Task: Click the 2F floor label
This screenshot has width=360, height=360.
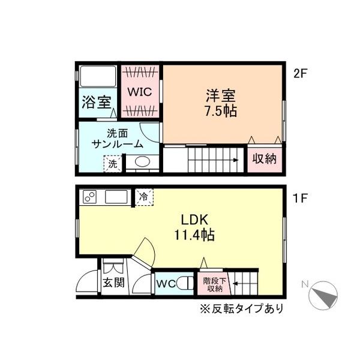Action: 300,73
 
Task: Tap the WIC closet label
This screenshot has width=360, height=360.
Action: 140,92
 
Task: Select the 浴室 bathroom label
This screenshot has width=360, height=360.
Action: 97,102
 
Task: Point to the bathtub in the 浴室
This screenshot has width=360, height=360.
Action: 98,76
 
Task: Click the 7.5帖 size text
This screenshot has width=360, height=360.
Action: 221,112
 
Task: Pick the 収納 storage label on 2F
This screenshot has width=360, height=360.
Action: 264,158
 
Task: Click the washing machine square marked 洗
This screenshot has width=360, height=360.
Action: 112,164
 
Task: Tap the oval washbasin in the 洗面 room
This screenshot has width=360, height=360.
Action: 142,162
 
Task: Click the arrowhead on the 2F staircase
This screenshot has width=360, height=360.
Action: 236,160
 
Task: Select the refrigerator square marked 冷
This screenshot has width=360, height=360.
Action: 144,197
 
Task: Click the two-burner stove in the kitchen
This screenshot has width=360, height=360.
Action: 89,197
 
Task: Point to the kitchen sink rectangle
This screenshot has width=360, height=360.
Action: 116,197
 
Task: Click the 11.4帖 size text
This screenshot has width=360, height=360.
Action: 194,235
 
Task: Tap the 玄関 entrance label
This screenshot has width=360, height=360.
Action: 113,282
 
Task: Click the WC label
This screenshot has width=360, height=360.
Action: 166,284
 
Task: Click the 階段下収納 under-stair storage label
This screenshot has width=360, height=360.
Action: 215,284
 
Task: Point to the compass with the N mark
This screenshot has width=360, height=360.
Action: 323,295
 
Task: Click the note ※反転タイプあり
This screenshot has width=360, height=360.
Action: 242,308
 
